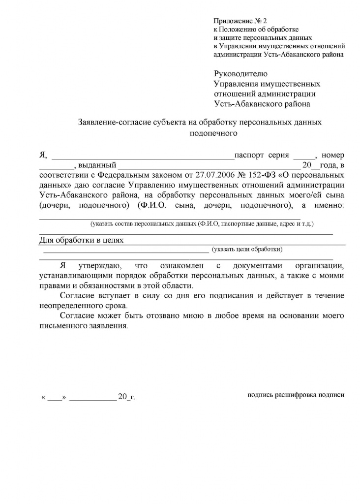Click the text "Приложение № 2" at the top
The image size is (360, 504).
(x=240, y=21)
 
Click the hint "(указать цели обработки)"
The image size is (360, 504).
(x=247, y=250)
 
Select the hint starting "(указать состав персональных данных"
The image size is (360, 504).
(x=202, y=224)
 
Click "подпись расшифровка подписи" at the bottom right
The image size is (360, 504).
(x=296, y=394)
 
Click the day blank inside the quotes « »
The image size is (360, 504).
(x=55, y=397)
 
